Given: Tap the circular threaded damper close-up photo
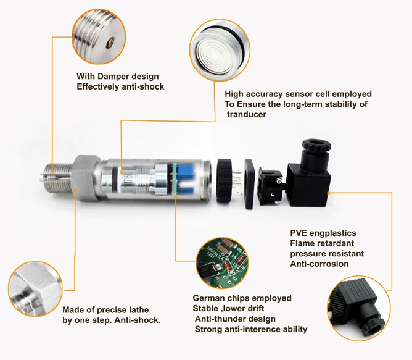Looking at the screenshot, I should (x=99, y=33).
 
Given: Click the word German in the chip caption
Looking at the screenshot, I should (x=207, y=299).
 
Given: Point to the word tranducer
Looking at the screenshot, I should (x=247, y=114).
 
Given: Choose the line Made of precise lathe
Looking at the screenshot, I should (x=105, y=309).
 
